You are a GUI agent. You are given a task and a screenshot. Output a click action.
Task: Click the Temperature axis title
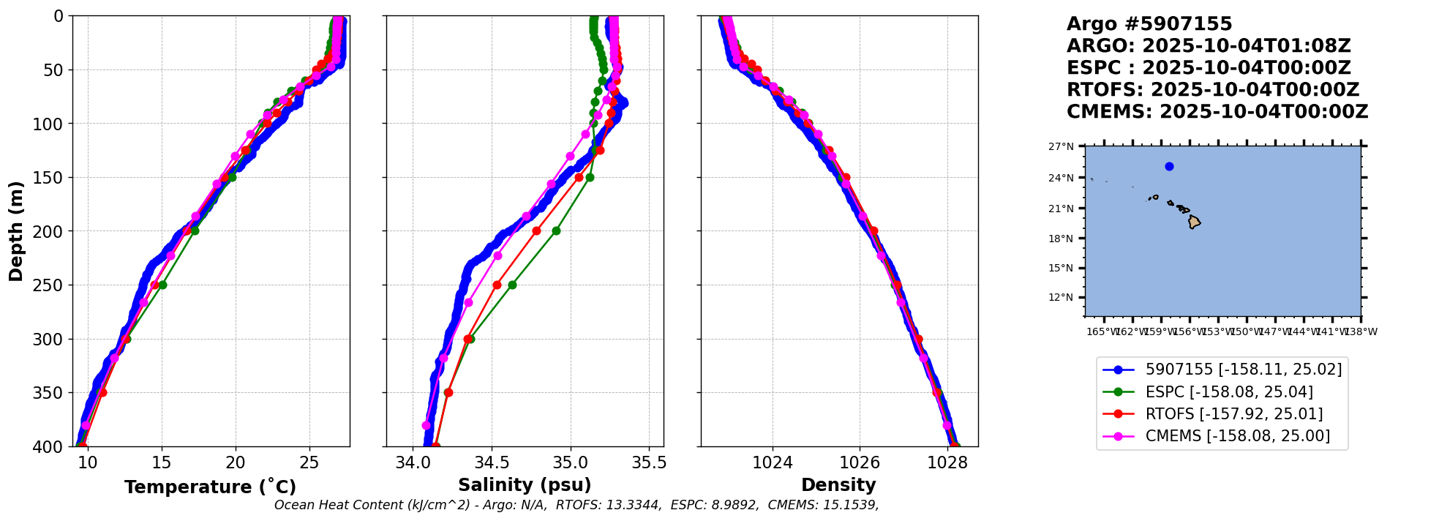click(x=210, y=487)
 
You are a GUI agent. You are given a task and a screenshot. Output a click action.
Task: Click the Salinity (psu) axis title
click(x=525, y=485)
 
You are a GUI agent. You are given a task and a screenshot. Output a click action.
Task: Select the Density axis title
click(x=838, y=485)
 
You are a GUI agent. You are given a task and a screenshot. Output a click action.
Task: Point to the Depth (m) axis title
click(x=16, y=230)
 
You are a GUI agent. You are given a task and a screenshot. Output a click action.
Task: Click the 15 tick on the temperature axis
click(x=161, y=462)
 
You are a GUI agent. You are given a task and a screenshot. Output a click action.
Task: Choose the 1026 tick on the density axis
click(x=860, y=462)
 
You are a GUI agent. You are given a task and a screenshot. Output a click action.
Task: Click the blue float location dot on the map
click(x=1169, y=166)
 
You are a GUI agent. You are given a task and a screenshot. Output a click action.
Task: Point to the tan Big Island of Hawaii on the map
click(x=1194, y=222)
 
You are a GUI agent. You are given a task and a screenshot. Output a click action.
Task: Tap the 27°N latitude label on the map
click(x=1062, y=146)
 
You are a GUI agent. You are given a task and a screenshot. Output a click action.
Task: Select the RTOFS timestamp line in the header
click(x=1212, y=90)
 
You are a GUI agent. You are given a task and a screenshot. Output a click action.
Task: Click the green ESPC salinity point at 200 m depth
click(x=556, y=231)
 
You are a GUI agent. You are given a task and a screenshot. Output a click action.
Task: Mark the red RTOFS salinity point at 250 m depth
click(x=497, y=285)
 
